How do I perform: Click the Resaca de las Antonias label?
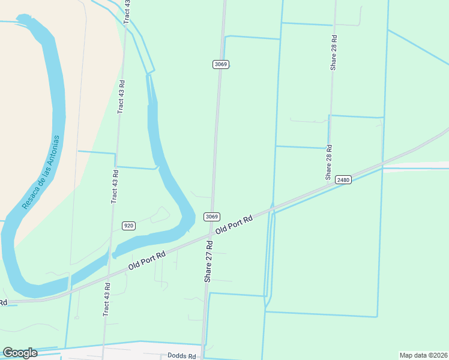pyautogui.click(x=41, y=172)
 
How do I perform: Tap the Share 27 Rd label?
pyautogui.click(x=209, y=261)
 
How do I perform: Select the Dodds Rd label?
pyautogui.click(x=182, y=356)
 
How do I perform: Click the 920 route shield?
pyautogui.click(x=128, y=225)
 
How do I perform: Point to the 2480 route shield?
pyautogui.click(x=343, y=180)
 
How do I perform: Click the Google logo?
pyautogui.click(x=20, y=353)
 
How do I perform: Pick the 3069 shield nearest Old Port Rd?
pyautogui.click(x=211, y=217)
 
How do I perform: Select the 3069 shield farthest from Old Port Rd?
pyautogui.click(x=220, y=64)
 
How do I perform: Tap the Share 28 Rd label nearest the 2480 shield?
pyautogui.click(x=328, y=162)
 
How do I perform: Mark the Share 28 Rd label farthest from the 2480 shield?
pyautogui.click(x=334, y=53)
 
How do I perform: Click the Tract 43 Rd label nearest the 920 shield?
pyautogui.click(x=114, y=187)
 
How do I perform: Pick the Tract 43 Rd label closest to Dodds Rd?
pyautogui.click(x=107, y=299)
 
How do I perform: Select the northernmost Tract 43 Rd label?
pyautogui.click(x=127, y=12)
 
